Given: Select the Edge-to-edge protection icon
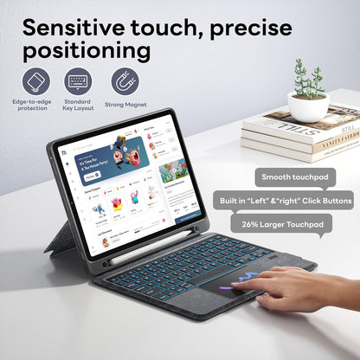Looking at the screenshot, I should click(x=36, y=80).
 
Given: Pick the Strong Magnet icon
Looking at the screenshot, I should click(x=125, y=80).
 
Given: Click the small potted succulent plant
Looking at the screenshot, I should click(x=308, y=79).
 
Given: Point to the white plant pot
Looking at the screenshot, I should click(x=307, y=106).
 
